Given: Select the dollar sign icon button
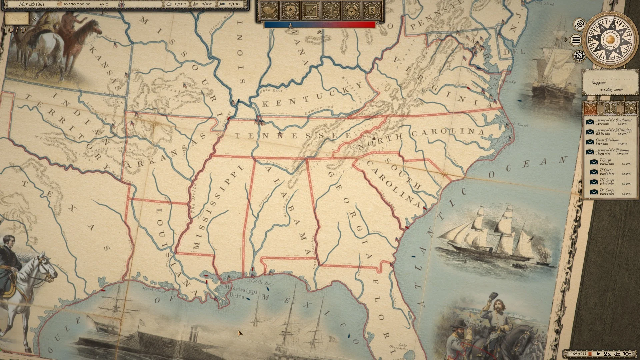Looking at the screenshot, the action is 372,11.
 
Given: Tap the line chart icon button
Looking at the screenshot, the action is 311,11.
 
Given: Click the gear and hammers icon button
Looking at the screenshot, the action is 352,11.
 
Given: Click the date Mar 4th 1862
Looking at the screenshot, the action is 32,4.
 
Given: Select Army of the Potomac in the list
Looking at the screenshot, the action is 613,152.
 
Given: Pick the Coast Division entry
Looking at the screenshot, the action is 607,142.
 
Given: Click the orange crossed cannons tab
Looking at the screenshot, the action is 590,108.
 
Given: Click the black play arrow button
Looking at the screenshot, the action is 598,354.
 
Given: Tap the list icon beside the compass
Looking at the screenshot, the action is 576,40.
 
